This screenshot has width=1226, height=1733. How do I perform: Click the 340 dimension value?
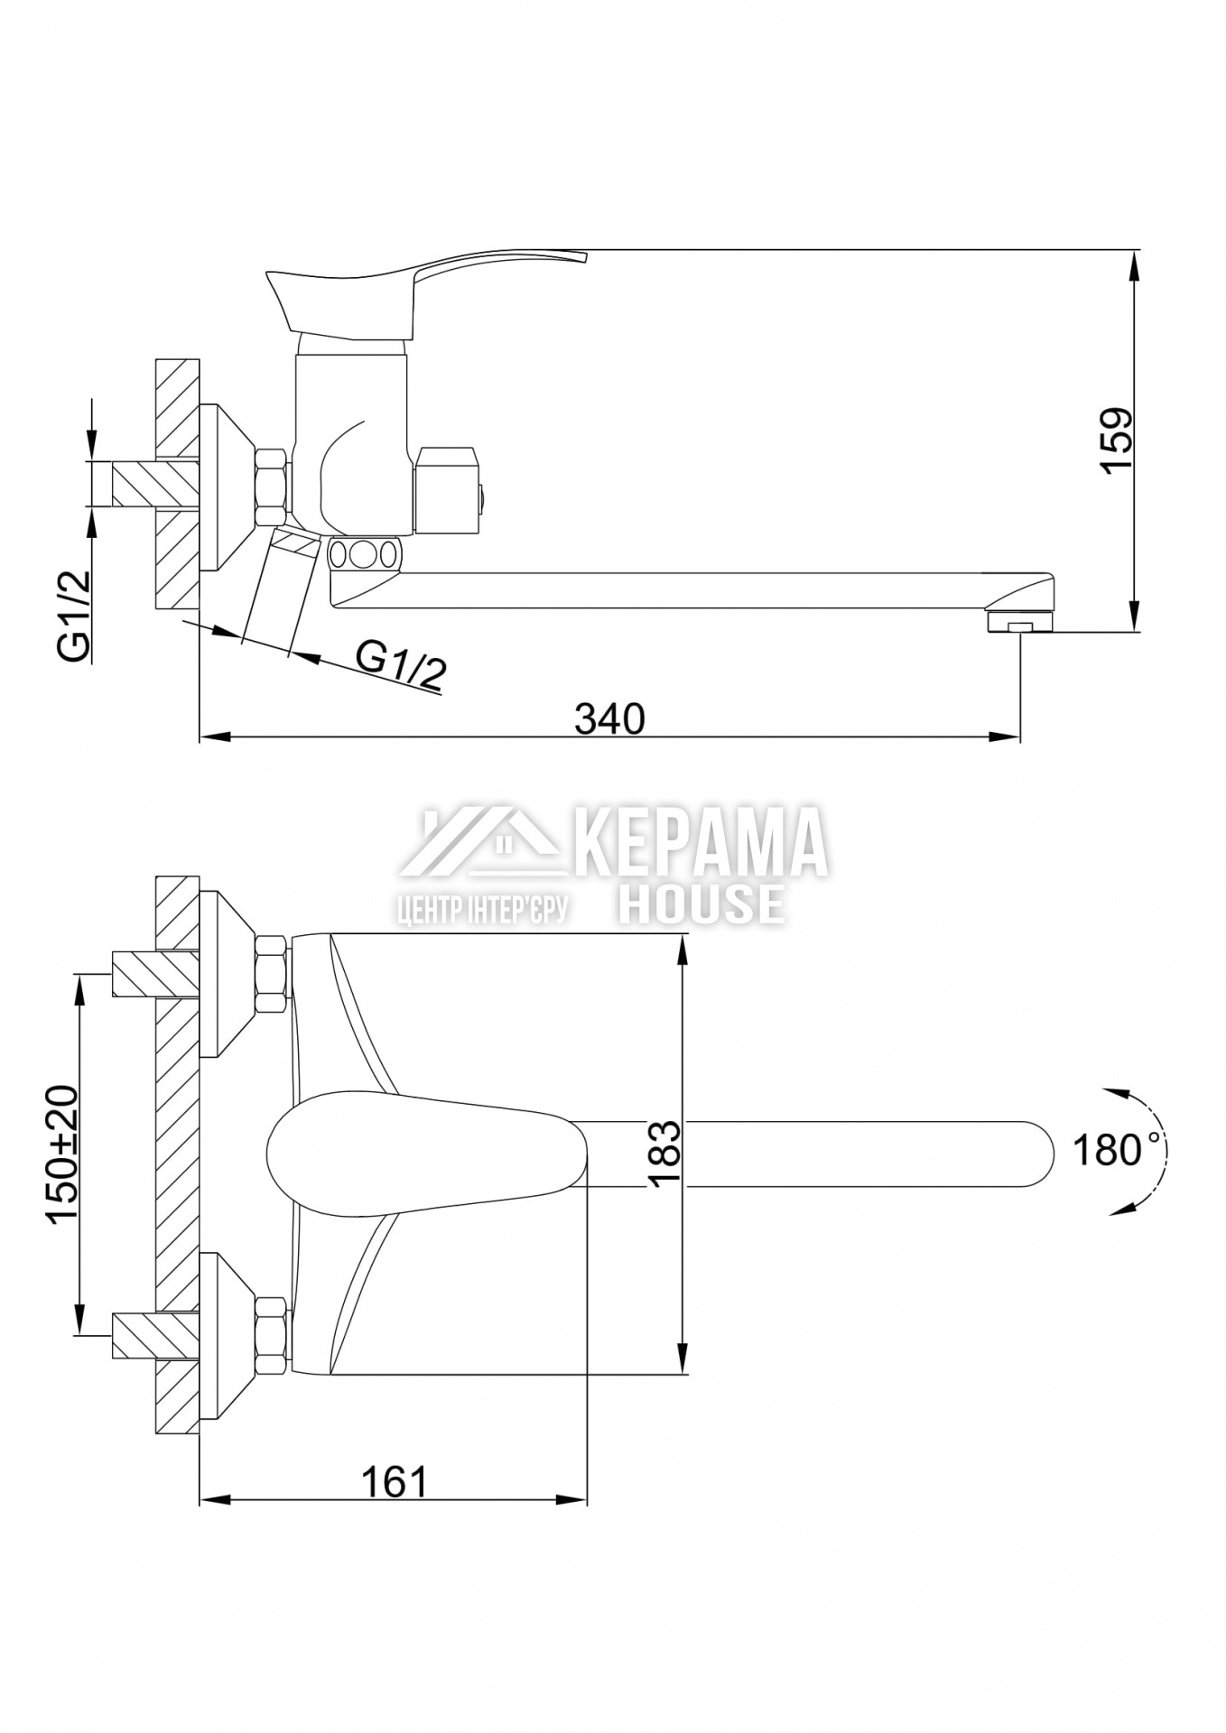point(609,718)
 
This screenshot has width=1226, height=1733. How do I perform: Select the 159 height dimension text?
point(1116,440)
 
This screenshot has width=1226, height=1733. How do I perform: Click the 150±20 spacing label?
point(64,1154)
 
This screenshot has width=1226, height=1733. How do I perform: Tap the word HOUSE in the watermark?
point(701,903)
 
